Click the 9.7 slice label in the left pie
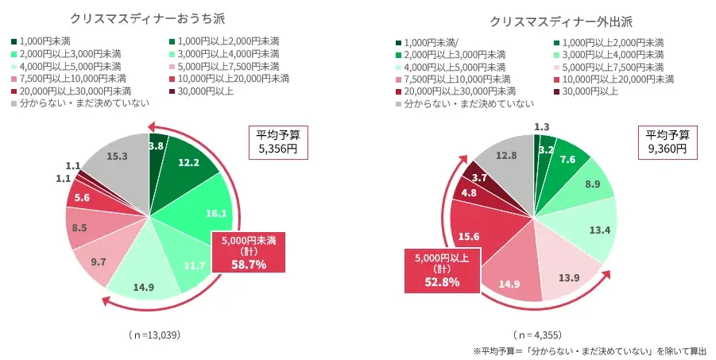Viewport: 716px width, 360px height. pyautogui.click(x=99, y=261)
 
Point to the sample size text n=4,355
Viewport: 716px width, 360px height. pyautogui.click(x=541, y=335)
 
